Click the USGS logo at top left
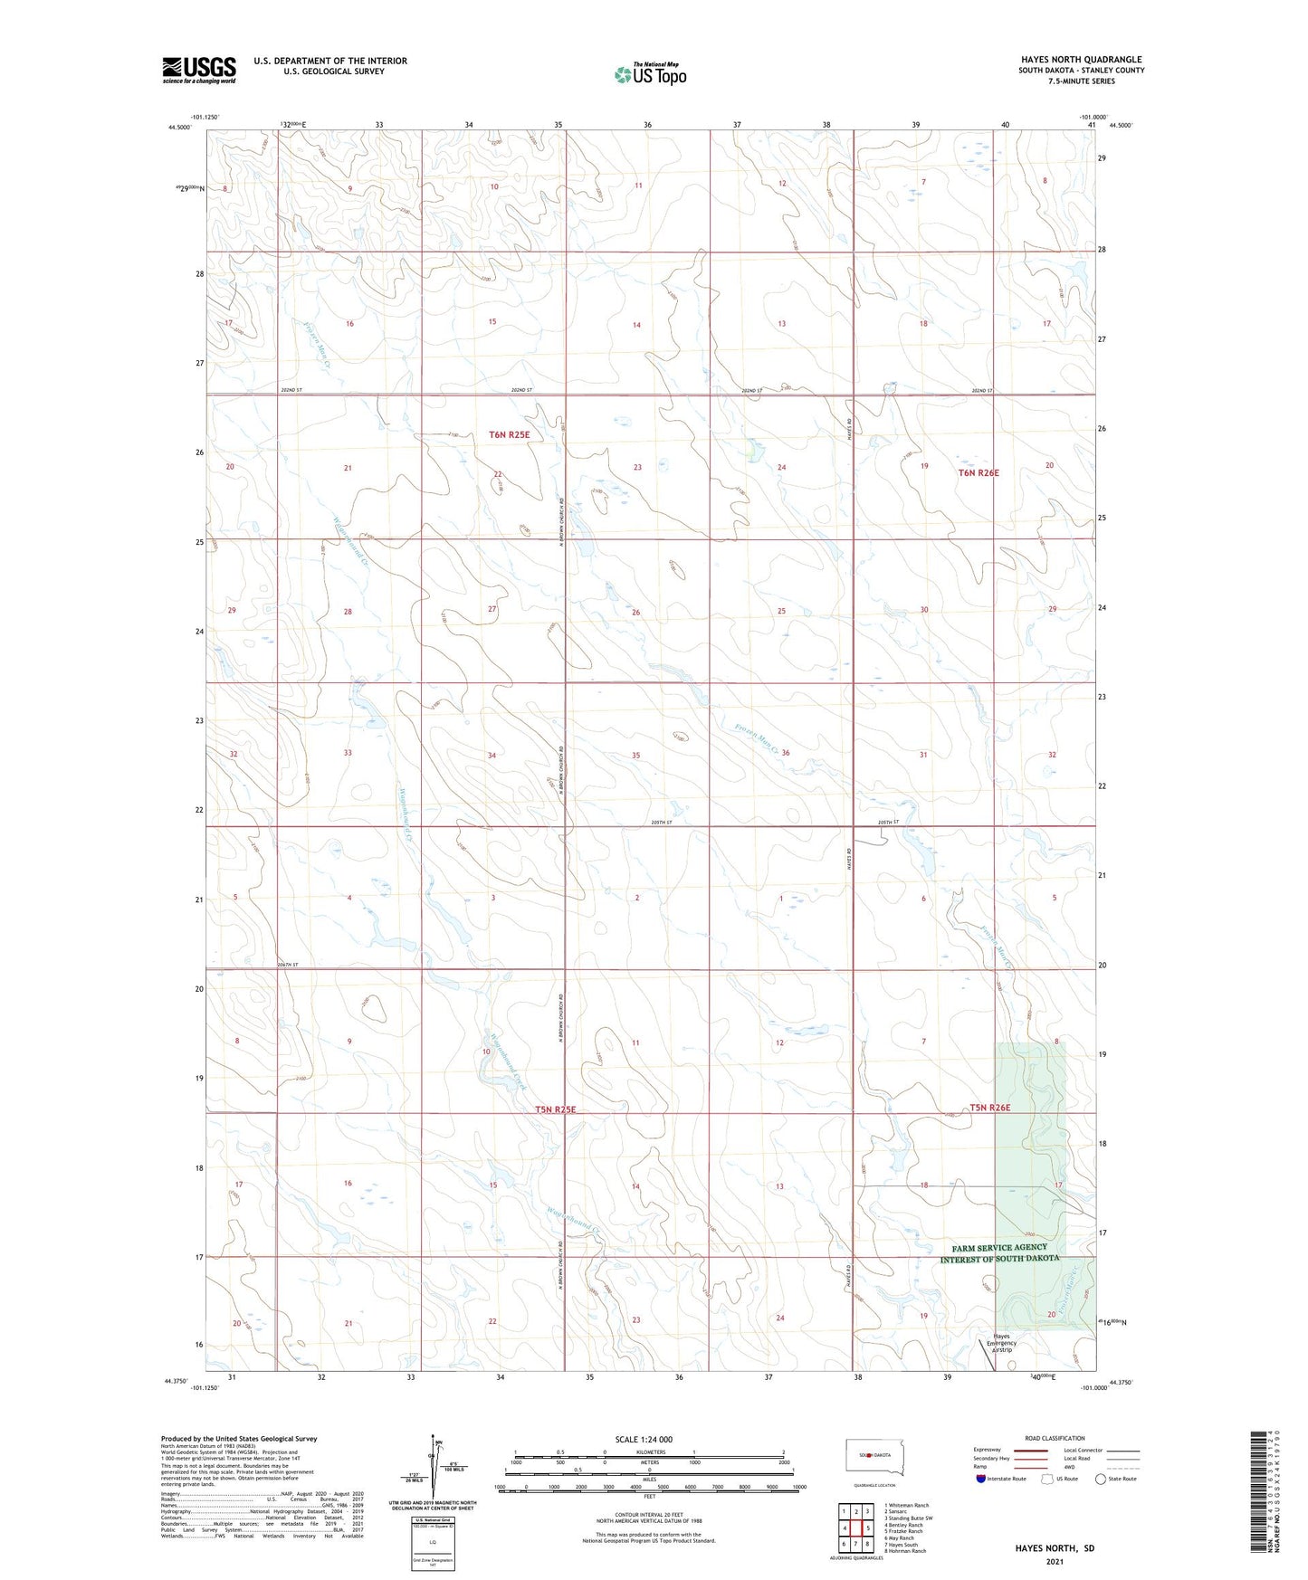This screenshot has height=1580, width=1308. (x=198, y=70)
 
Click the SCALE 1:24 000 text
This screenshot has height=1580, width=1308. (x=649, y=1440)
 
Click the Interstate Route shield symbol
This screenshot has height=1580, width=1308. (x=982, y=1480)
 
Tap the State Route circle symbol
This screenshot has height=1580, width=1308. (x=1100, y=1480)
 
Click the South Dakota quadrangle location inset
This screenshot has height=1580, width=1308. (x=869, y=1456)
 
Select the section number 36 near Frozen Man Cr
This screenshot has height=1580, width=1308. (x=786, y=753)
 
